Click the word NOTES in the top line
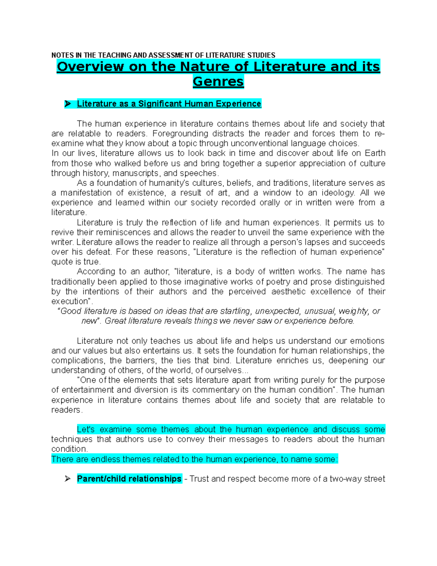(x=63, y=55)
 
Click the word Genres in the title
(x=218, y=82)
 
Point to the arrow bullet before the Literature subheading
(x=68, y=104)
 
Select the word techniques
(x=72, y=440)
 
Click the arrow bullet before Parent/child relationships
(x=68, y=479)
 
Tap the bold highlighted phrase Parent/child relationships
(x=129, y=479)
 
